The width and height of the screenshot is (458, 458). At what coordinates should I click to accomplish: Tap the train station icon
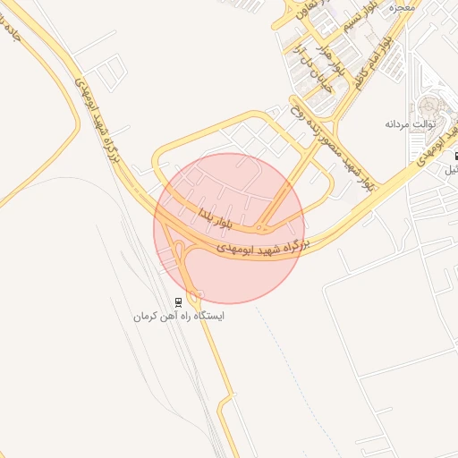click(x=179, y=301)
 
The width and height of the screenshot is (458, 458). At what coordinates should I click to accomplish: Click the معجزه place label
click(x=403, y=7)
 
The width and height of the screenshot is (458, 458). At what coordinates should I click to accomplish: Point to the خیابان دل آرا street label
click(x=309, y=71)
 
